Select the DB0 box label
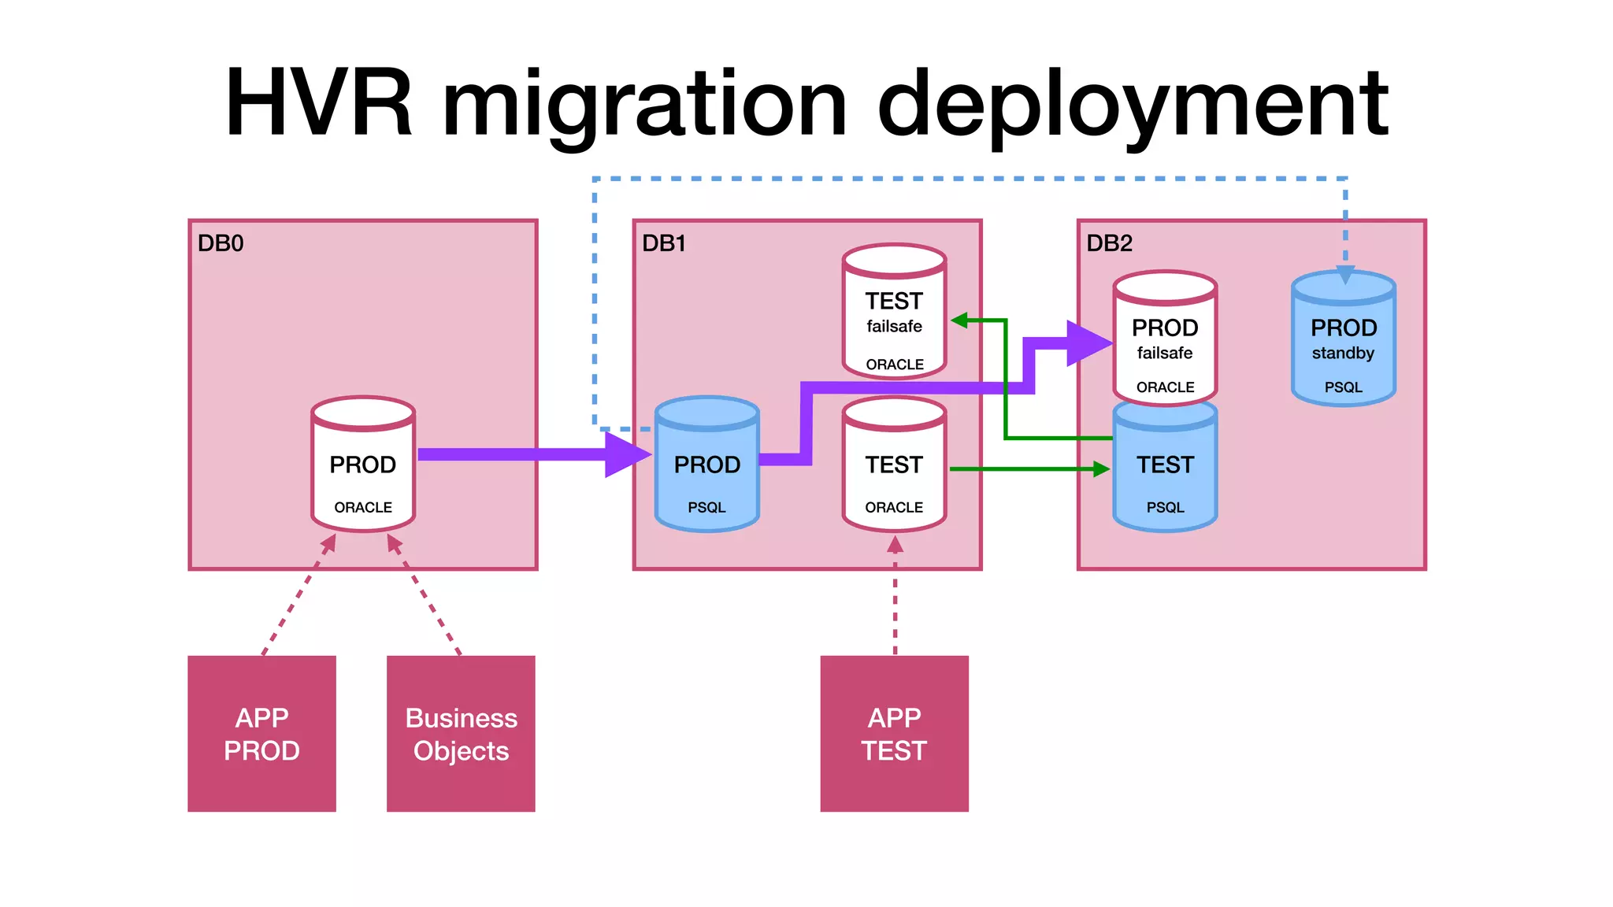(220, 243)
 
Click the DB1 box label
(663, 243)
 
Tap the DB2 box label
(1109, 243)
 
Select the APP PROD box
(261, 734)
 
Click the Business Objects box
(461, 734)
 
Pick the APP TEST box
(894, 734)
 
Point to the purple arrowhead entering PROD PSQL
(627, 454)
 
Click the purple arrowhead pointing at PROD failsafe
(1088, 343)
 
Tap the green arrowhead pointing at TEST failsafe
(959, 320)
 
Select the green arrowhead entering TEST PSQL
(1101, 469)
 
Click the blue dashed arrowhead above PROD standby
(1345, 275)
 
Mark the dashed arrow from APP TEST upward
(895, 598)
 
